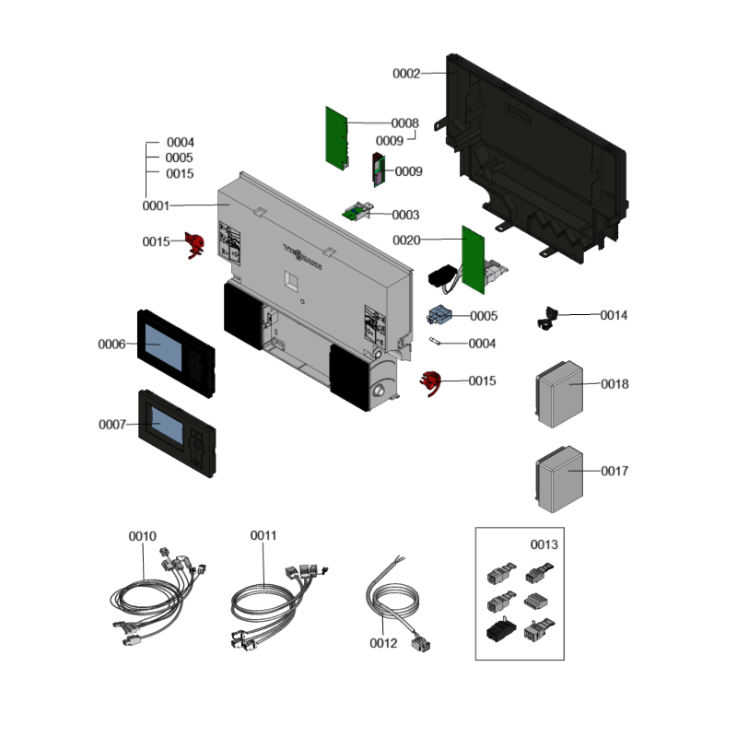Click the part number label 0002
(406, 73)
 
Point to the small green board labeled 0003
(356, 212)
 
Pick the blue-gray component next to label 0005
(439, 316)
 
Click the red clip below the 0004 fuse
(430, 381)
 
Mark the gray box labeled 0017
(558, 478)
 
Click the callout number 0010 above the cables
(143, 535)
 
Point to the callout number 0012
(382, 643)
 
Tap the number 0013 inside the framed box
(544, 544)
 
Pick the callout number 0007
(112, 425)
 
